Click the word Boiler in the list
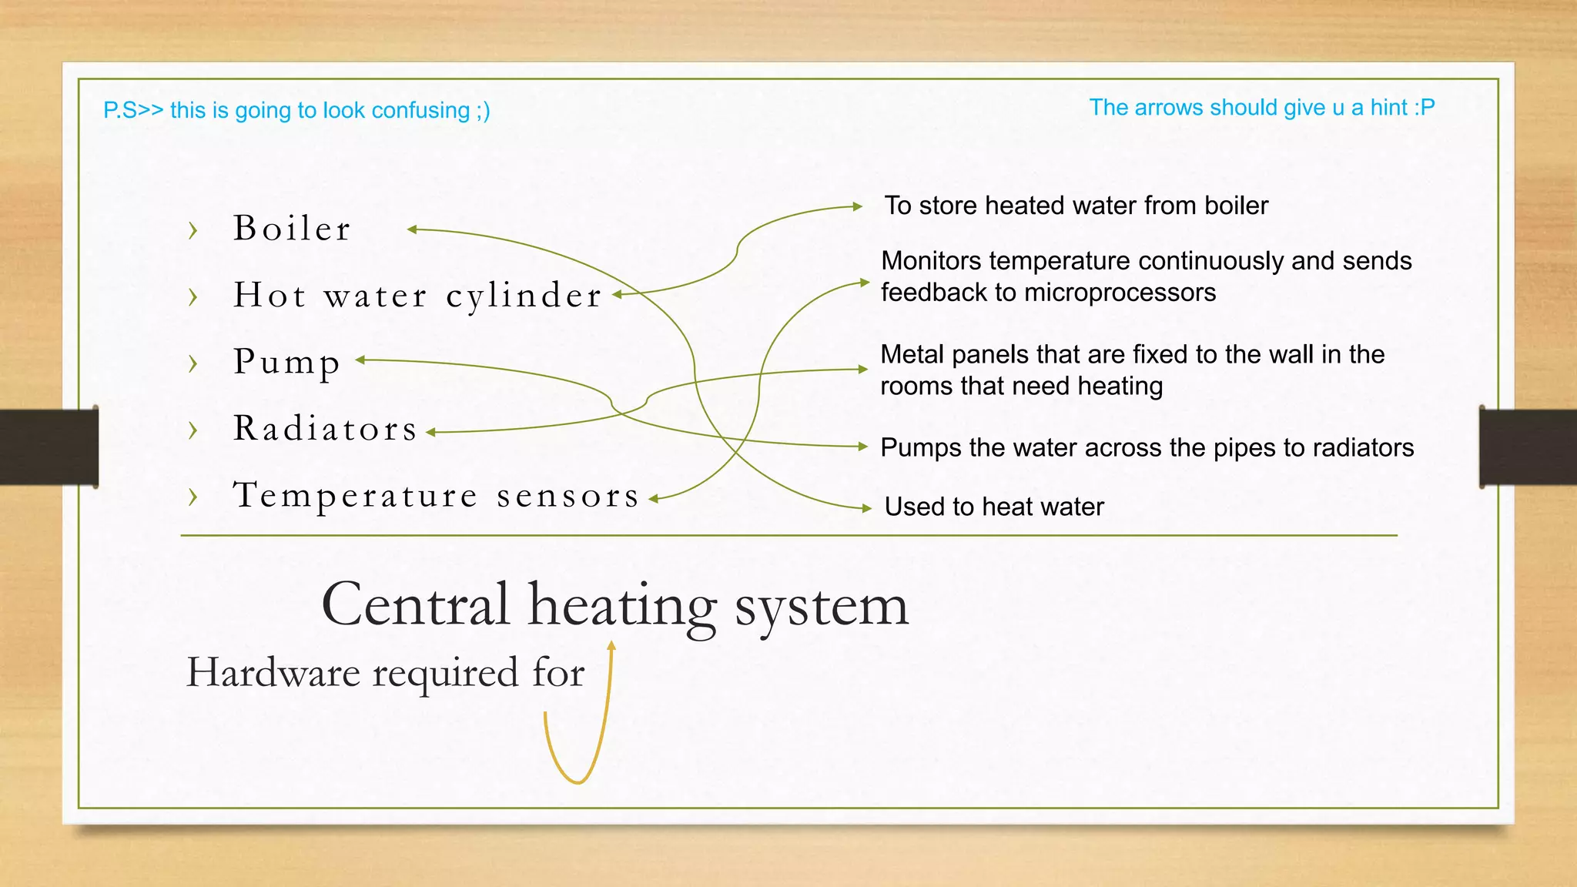click(292, 229)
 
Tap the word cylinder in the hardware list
click(524, 296)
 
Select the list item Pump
click(286, 362)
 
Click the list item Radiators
click(325, 429)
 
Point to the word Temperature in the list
click(355, 495)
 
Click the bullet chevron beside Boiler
click(193, 230)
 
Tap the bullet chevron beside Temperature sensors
click(193, 497)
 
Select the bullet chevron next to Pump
click(193, 363)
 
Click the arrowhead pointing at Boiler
click(412, 229)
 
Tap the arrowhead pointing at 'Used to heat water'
click(866, 508)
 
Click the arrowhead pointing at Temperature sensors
click(654, 500)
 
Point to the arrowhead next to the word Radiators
click(431, 433)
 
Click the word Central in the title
click(415, 604)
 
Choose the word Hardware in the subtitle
click(273, 672)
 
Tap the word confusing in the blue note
click(420, 111)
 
